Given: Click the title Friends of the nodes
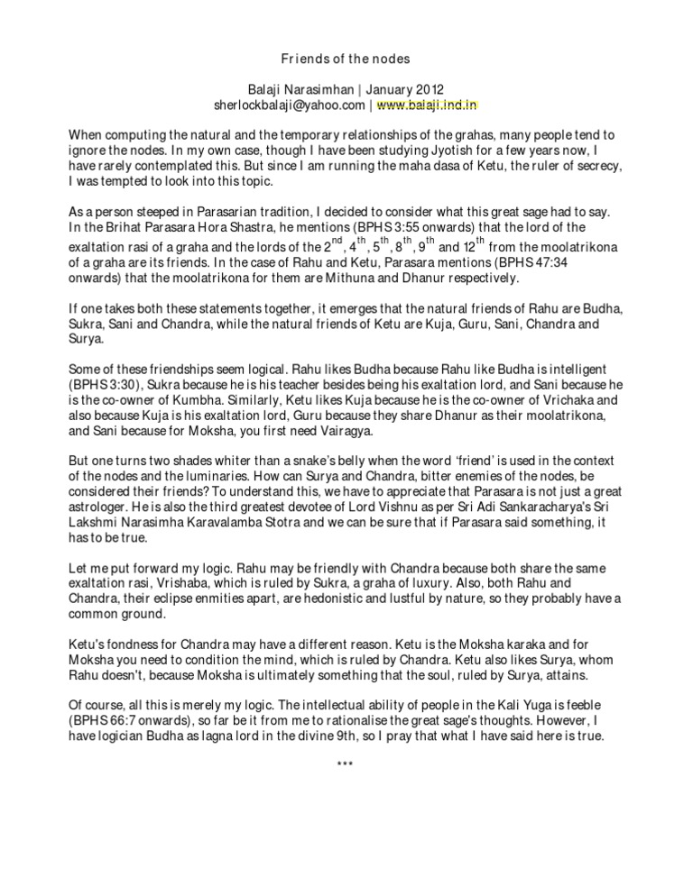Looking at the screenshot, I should [346, 59].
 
